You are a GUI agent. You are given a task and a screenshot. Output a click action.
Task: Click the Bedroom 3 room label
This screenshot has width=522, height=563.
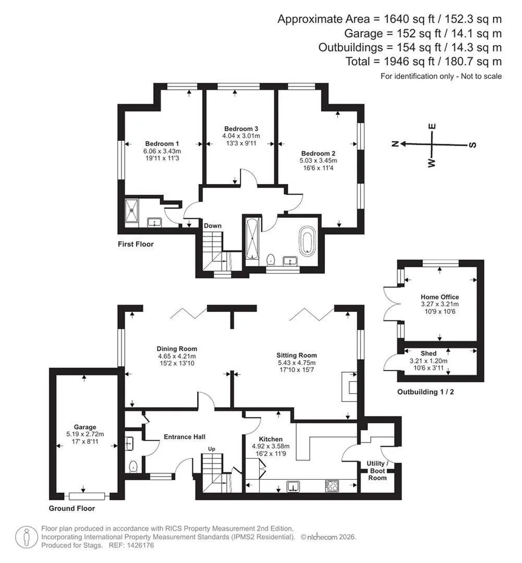(x=241, y=128)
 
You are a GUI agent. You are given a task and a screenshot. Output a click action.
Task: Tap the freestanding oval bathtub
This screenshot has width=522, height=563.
(x=307, y=241)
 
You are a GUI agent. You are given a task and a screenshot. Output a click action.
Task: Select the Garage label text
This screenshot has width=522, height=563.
(x=85, y=427)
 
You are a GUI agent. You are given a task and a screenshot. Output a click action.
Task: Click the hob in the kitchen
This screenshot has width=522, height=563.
(x=332, y=486)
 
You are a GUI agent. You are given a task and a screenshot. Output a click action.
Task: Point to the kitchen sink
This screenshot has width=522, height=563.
(x=293, y=486)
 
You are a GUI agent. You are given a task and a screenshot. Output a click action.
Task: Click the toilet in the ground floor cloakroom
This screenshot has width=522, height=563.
(x=133, y=466)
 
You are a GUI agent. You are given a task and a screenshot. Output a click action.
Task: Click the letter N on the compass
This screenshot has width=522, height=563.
(x=395, y=144)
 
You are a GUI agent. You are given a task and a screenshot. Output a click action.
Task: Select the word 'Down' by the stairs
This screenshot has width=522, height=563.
(x=212, y=226)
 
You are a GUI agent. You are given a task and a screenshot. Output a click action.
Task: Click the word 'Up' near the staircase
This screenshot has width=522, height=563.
(x=212, y=449)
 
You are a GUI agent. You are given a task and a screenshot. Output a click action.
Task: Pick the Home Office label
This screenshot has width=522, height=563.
(x=440, y=297)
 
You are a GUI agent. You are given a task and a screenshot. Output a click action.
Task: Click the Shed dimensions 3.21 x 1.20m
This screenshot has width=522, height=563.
(x=429, y=361)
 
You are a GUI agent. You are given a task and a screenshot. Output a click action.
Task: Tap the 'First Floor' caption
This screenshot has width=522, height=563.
(x=136, y=244)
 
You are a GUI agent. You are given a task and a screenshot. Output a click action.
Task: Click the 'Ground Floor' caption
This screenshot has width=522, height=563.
(x=72, y=508)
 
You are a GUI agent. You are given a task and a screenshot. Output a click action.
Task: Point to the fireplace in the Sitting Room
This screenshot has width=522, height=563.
(x=349, y=387)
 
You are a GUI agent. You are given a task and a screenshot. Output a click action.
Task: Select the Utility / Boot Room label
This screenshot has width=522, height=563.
(x=377, y=471)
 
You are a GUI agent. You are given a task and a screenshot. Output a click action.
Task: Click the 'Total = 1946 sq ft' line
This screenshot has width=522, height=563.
(x=423, y=61)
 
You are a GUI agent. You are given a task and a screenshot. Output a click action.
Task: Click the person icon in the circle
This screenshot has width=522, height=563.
(x=26, y=537)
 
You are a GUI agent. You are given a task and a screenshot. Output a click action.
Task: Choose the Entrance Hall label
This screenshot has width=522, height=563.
(x=185, y=437)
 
